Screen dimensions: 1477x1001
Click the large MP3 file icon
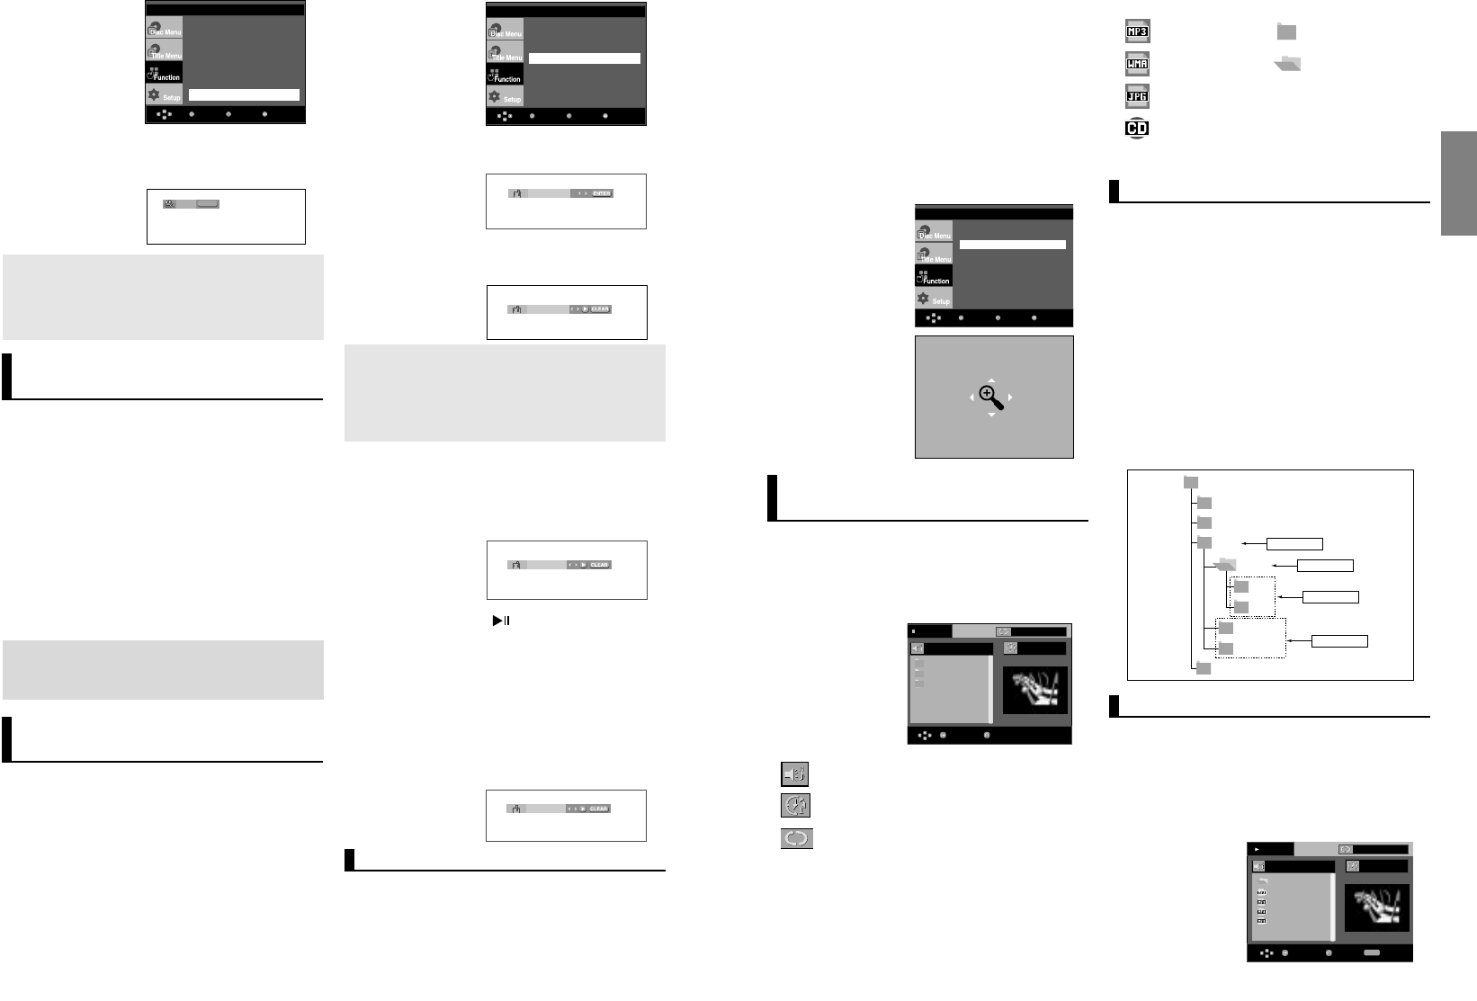(x=1138, y=31)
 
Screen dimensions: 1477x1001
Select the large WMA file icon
(x=1138, y=64)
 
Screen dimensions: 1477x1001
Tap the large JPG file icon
(x=1138, y=95)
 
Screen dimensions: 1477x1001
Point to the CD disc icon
(x=1137, y=128)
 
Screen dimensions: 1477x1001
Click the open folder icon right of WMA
(x=1288, y=64)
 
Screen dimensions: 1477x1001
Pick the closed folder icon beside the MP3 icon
(x=1286, y=32)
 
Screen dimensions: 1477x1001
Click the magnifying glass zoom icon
(x=990, y=397)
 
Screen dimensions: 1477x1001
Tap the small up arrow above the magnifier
(x=990, y=380)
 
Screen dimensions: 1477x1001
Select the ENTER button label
(x=601, y=193)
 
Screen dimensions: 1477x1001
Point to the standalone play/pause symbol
(x=501, y=621)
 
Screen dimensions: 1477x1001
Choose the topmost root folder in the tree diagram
(x=1191, y=483)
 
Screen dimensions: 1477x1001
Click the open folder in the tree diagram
(x=1224, y=565)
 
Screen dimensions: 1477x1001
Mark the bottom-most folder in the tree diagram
(x=1204, y=668)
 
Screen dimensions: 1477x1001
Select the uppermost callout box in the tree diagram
(x=1294, y=544)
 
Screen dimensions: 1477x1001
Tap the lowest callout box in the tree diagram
(x=1339, y=641)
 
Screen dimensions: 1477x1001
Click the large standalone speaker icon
(x=795, y=773)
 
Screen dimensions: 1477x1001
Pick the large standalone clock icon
(x=796, y=805)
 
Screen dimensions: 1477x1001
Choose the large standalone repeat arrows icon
(x=796, y=838)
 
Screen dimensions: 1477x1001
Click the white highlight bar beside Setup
(x=244, y=94)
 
